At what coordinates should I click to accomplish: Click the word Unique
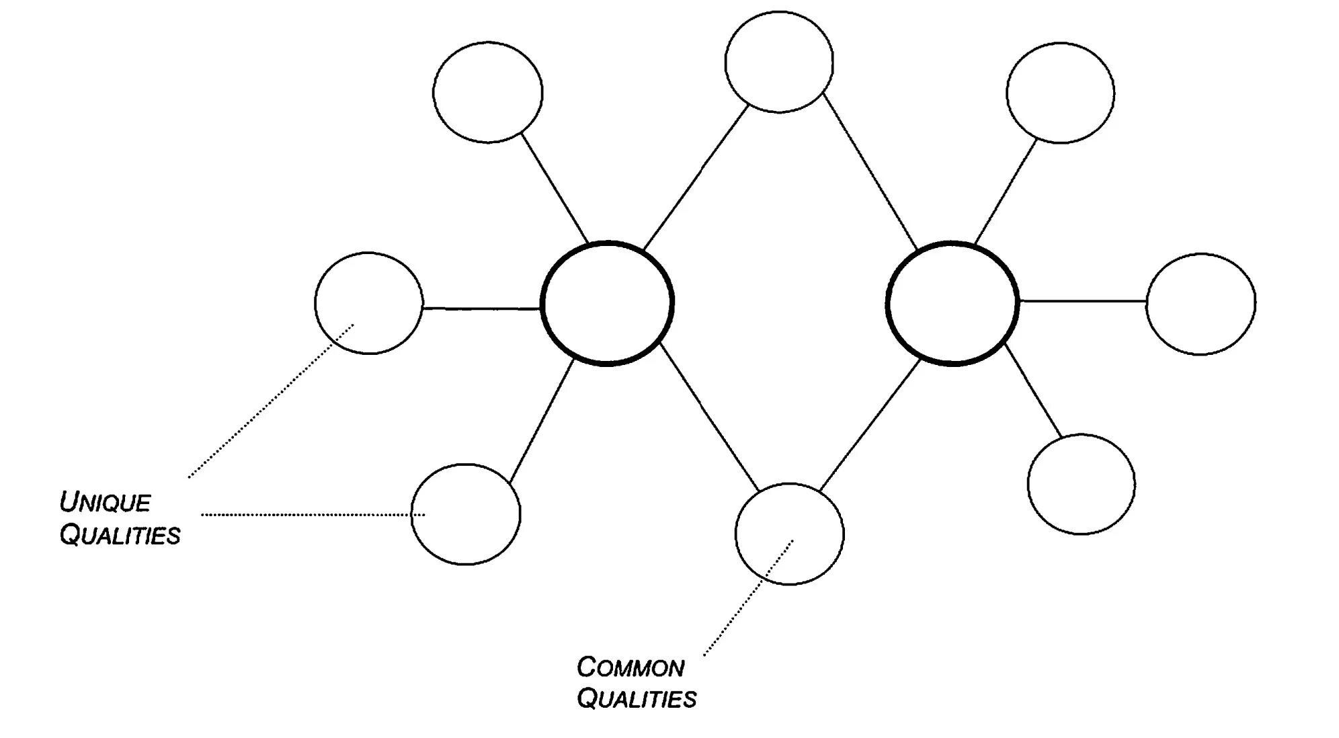pos(105,502)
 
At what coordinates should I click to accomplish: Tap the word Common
pos(631,667)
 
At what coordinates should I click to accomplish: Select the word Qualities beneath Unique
pos(120,535)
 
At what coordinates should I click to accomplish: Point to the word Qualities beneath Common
pos(637,699)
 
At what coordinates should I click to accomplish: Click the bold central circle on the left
pos(607,303)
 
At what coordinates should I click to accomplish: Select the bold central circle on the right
pos(952,303)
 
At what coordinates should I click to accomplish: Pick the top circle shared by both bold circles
pos(779,62)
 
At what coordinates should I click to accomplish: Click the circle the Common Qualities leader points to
pos(789,534)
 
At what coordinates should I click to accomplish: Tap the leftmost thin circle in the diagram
pos(369,303)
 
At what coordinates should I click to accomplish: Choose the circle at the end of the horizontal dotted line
pos(465,514)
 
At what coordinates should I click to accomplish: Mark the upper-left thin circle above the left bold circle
pos(488,92)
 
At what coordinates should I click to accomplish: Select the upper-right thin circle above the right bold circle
pos(1060,93)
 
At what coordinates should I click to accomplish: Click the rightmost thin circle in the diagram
pos(1201,304)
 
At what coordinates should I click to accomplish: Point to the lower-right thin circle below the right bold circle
pos(1081,485)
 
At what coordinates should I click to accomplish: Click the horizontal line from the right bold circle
pos(1082,302)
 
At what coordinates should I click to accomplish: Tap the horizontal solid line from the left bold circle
pos(481,309)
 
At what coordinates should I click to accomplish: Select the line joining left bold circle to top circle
pos(695,178)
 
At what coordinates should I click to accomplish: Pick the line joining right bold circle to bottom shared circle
pos(870,425)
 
